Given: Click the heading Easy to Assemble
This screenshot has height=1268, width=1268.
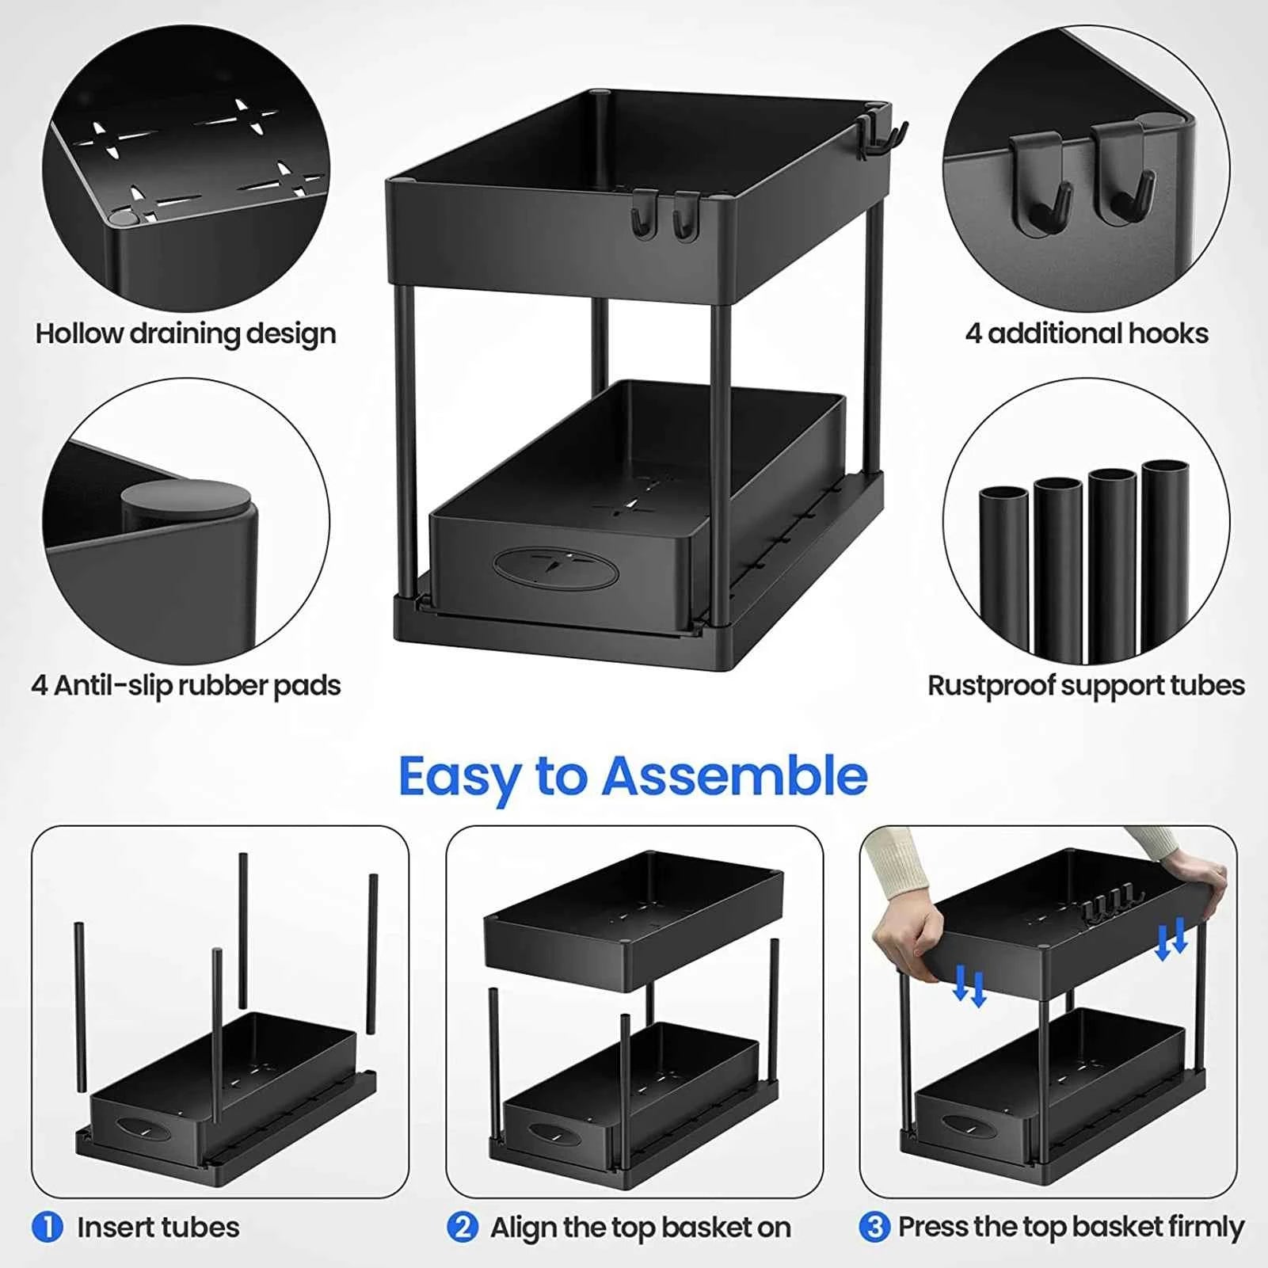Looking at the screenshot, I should pos(633,776).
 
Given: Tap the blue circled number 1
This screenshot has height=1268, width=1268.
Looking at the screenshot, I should pos(48,1228).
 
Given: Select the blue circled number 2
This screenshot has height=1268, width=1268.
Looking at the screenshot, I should pos(463,1228).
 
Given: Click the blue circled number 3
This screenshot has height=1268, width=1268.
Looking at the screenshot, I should pos(874,1228).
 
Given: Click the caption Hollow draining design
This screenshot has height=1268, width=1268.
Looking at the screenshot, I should pos(185,333).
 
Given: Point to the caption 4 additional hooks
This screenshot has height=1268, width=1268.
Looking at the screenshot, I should pos(1087,333).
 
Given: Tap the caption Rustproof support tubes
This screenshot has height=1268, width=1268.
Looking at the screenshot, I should pos(1086,685).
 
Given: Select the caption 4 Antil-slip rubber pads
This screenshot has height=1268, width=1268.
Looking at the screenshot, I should pos(185,685).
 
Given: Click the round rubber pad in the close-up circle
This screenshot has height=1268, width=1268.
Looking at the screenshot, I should pos(186,499).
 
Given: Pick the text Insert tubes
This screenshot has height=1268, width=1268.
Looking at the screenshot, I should pos(158,1228).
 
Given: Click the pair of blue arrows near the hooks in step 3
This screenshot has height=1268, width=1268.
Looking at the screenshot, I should pos(1171,939).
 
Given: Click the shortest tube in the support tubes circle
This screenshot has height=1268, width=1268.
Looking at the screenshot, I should pos(1003,570).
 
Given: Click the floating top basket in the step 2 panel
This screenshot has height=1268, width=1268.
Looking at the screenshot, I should pos(634,919).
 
